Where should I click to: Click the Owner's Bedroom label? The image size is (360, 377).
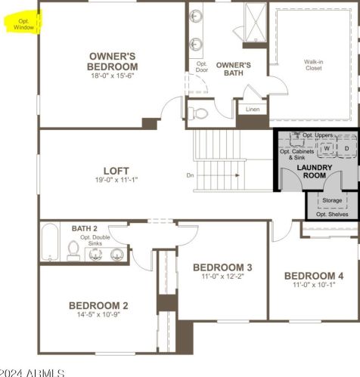pyautogui.click(x=113, y=61)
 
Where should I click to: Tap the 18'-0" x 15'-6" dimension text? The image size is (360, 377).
pyautogui.click(x=113, y=76)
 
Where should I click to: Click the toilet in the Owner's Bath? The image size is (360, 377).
pyautogui.click(x=198, y=113)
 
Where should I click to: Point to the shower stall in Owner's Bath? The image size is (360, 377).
pyautogui.click(x=256, y=23)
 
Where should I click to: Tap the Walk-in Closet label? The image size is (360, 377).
pyautogui.click(x=314, y=65)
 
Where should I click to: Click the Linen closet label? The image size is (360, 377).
pyautogui.click(x=253, y=110)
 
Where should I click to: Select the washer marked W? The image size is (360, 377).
pyautogui.click(x=327, y=148)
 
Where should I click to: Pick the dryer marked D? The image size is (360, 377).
pyautogui.click(x=347, y=148)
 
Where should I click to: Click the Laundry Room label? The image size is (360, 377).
pyautogui.click(x=315, y=172)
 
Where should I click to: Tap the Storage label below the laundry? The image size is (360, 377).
pyautogui.click(x=332, y=200)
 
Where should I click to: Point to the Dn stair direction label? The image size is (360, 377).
pyautogui.click(x=190, y=175)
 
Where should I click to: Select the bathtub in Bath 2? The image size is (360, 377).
pyautogui.click(x=50, y=242)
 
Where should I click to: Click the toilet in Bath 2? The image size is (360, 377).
pyautogui.click(x=73, y=251)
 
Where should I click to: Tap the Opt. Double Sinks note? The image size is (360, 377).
pyautogui.click(x=95, y=240)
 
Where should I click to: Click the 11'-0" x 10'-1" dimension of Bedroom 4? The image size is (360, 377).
pyautogui.click(x=314, y=285)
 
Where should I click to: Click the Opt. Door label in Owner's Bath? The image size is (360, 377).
pyautogui.click(x=202, y=66)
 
